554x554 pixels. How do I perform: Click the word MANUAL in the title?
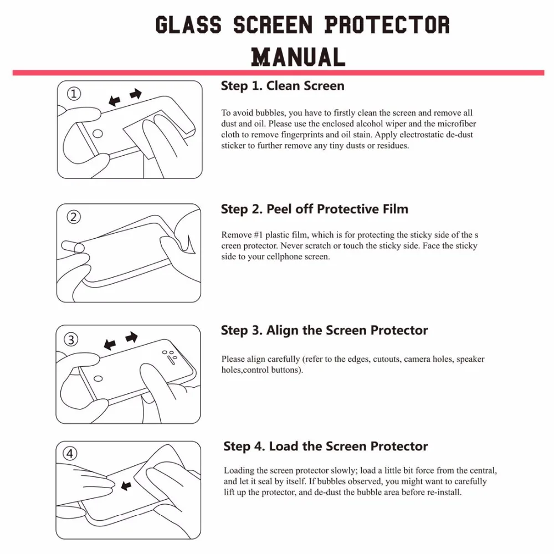pyautogui.click(x=298, y=57)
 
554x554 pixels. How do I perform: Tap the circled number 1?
pyautogui.click(x=74, y=94)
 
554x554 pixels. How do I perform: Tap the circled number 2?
pyautogui.click(x=74, y=217)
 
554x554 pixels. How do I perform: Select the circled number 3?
pyautogui.click(x=71, y=340)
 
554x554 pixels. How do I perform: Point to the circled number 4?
pyautogui.click(x=70, y=454)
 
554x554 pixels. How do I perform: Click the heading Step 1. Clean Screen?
pyautogui.click(x=282, y=86)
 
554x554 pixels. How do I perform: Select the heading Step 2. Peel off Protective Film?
pyautogui.click(x=314, y=209)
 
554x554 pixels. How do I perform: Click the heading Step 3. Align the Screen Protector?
pyautogui.click(x=324, y=331)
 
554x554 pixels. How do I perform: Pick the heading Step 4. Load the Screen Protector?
pyautogui.click(x=325, y=447)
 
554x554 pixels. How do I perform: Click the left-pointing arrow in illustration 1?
pyautogui.click(x=115, y=101)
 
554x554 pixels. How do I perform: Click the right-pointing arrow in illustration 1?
pyautogui.click(x=135, y=95)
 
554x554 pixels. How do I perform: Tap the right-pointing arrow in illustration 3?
pyautogui.click(x=131, y=337)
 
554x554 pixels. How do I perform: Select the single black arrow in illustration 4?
pyautogui.click(x=126, y=486)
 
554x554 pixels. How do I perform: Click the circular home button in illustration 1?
pyautogui.click(x=98, y=133)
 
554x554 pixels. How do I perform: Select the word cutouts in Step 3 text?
pyautogui.click(x=386, y=359)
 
